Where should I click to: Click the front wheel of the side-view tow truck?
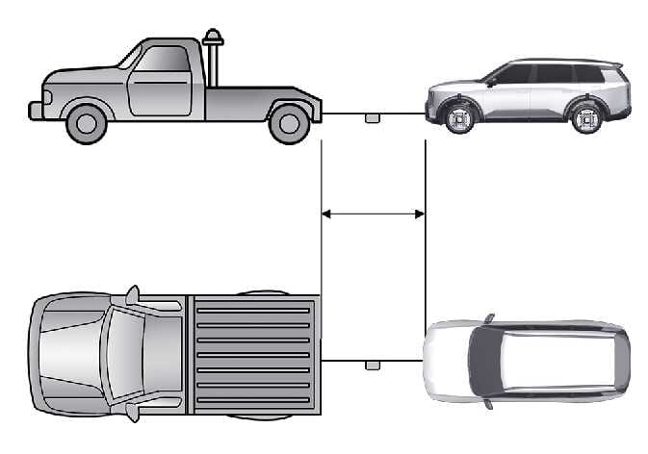coord(86,122)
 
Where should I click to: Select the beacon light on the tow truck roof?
coord(213,39)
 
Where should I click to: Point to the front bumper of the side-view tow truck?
coord(37,110)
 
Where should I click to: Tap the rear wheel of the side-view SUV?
coord(586,118)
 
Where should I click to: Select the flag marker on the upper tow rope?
coord(372,118)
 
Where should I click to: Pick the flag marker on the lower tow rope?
coord(372,366)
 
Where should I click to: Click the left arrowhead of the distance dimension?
coord(325,214)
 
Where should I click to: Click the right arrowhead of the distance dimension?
coord(420,214)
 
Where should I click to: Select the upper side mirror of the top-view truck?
coord(132,294)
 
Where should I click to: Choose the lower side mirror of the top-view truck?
coord(132,414)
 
